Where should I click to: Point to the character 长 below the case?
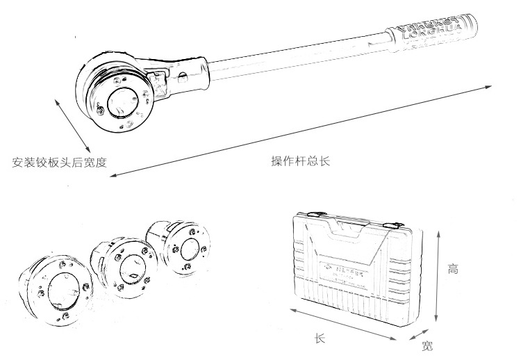tap(320, 338)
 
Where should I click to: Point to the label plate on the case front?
tap(347, 272)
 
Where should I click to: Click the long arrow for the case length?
tap(344, 323)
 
